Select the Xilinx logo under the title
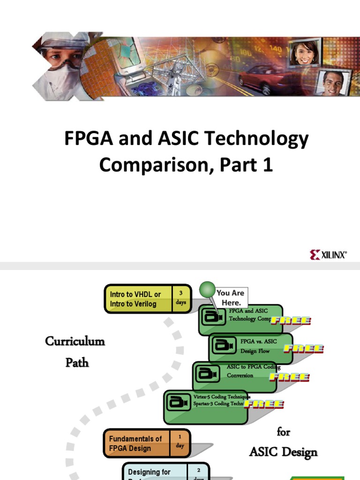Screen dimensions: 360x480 click(328, 255)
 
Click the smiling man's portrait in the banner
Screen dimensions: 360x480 click(332, 82)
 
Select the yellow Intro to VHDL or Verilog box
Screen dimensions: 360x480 click(138, 299)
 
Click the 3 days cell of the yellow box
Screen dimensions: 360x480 click(181, 298)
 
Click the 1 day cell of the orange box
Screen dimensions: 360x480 click(180, 443)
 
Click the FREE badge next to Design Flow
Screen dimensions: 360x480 click(304, 348)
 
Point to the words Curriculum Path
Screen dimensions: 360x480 click(75, 351)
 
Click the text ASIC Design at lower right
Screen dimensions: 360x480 click(283, 452)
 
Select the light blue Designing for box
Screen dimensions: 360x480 click(155, 472)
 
